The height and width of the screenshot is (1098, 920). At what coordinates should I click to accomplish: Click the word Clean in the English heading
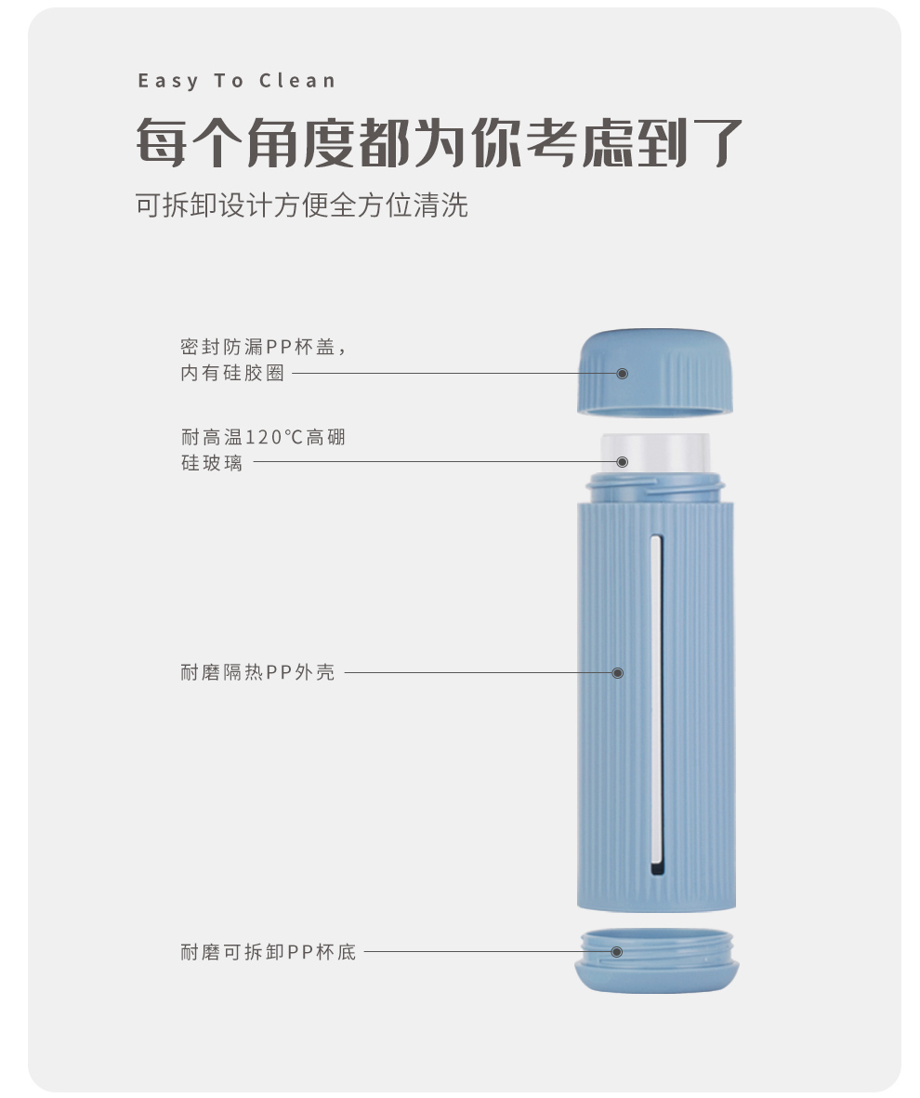click(297, 81)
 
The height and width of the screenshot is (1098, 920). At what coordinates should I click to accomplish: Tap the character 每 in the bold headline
click(162, 143)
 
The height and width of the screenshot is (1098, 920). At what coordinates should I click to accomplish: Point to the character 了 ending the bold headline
click(717, 143)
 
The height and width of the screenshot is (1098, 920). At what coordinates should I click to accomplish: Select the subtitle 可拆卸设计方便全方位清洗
click(302, 205)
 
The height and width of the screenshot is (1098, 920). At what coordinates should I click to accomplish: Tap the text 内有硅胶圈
click(232, 373)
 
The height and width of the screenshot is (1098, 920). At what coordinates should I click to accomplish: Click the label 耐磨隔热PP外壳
click(257, 672)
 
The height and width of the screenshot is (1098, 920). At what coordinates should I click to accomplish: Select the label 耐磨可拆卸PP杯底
click(269, 952)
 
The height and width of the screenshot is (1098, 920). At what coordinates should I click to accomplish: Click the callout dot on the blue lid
click(622, 373)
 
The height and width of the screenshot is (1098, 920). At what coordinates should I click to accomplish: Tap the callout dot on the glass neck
click(622, 461)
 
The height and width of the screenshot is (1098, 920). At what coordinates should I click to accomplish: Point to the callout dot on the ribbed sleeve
click(618, 673)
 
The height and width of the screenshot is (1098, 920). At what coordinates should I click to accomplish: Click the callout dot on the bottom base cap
click(617, 952)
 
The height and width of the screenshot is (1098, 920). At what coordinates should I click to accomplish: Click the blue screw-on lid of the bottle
click(655, 371)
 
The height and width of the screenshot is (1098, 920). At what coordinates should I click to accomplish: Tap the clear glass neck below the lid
click(655, 453)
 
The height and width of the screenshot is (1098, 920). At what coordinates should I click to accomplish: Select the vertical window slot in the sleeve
click(657, 706)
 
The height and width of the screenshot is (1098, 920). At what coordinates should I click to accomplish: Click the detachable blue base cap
click(657, 960)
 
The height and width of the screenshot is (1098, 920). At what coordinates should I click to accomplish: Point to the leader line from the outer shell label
click(481, 673)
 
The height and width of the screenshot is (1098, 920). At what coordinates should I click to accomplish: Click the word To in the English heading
click(229, 81)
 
